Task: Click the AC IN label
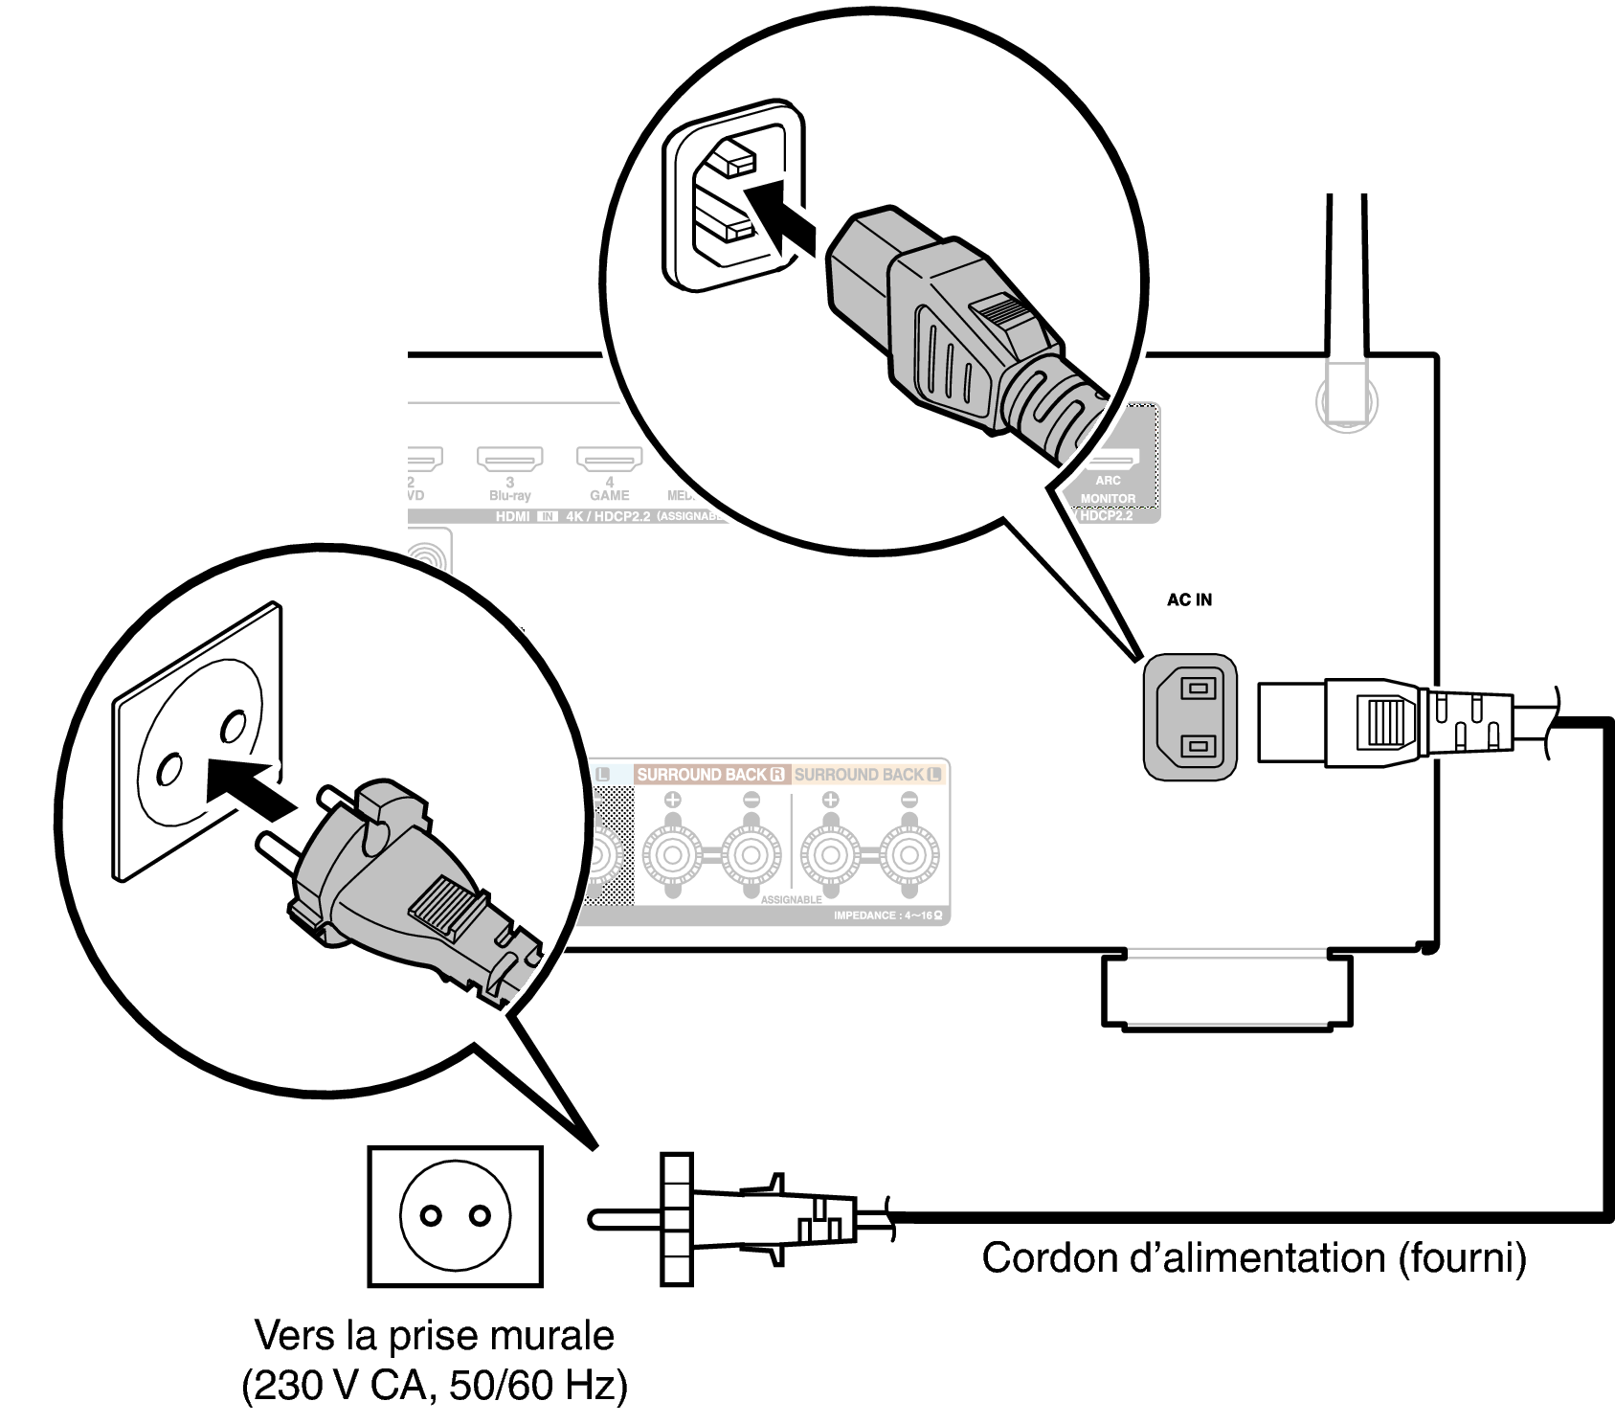tap(1189, 600)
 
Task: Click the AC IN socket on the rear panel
tap(1190, 716)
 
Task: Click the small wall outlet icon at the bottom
tap(455, 1216)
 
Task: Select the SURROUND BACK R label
tap(710, 774)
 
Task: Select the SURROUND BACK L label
tap(867, 774)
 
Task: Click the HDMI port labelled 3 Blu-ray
tap(509, 460)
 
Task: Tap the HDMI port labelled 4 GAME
tap(609, 460)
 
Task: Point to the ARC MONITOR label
tap(1108, 489)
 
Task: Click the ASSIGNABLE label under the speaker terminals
tap(791, 900)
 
